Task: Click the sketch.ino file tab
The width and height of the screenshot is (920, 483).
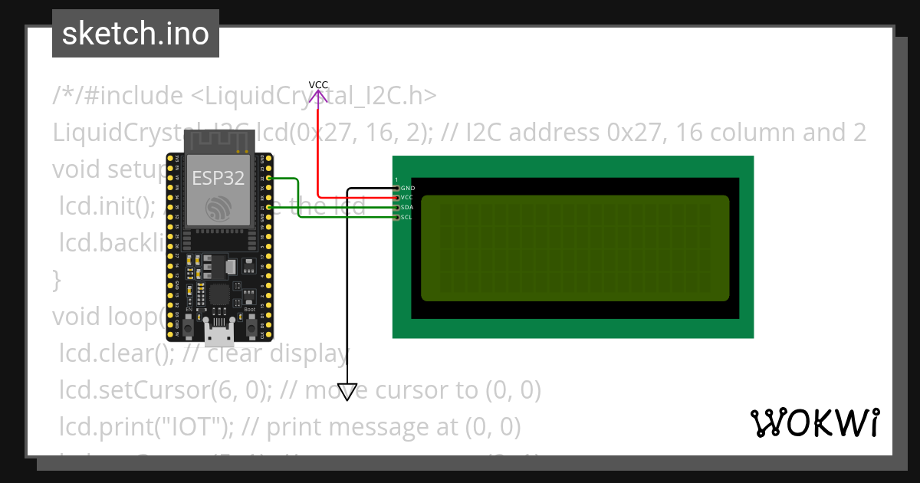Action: [x=136, y=34]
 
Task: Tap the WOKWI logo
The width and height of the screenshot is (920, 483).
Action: [x=814, y=422]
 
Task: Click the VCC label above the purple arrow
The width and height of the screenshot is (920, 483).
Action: [x=318, y=84]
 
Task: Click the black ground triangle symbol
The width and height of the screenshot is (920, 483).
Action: [x=347, y=392]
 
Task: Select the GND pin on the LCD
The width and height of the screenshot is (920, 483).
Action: [x=396, y=188]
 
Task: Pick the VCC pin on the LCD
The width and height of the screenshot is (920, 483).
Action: [x=396, y=198]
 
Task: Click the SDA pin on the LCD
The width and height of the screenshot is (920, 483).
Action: [x=396, y=208]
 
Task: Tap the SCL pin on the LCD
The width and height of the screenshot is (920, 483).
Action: [x=396, y=218]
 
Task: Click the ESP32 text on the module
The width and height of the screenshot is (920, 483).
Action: [x=218, y=178]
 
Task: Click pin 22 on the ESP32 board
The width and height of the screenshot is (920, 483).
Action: [x=268, y=178]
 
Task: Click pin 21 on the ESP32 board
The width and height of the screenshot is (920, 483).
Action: [x=268, y=208]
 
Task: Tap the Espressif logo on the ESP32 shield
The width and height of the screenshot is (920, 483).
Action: [x=218, y=207]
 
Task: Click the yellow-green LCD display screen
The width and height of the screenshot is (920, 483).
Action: [x=575, y=248]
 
